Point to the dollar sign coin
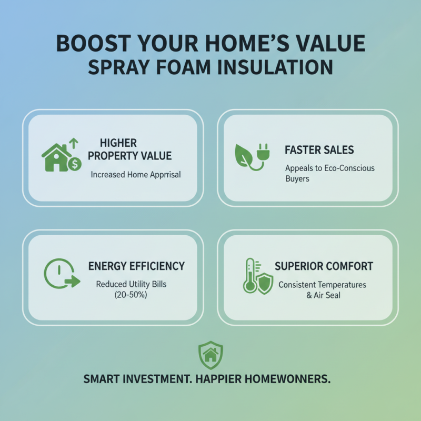tap(75, 164)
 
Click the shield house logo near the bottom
tap(210, 355)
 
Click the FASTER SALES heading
tap(319, 150)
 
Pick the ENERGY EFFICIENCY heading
tap(136, 266)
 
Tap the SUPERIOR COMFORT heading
tap(324, 266)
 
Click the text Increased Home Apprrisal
tap(136, 175)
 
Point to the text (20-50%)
tap(131, 295)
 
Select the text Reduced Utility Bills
tap(131, 284)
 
